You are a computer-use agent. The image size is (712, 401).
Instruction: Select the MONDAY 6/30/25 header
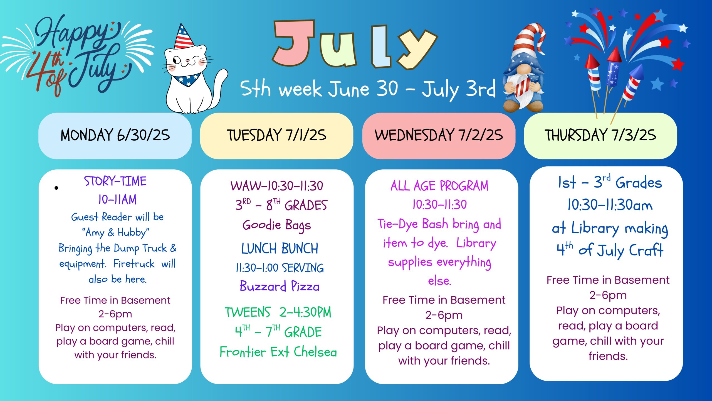(115, 136)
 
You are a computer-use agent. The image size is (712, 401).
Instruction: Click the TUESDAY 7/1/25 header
(277, 136)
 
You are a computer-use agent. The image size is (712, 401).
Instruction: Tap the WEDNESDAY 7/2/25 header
(439, 136)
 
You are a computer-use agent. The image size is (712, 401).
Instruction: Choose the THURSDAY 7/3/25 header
(600, 136)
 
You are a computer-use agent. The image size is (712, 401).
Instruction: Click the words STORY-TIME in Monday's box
(115, 181)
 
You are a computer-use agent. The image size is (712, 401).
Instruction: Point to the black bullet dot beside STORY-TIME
(56, 188)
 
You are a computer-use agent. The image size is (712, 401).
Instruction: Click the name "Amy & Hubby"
(116, 233)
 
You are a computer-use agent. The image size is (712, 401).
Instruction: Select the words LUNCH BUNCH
(280, 248)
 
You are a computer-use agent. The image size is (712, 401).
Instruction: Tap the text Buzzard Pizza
(280, 286)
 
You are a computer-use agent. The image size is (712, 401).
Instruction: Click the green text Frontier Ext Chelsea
(278, 352)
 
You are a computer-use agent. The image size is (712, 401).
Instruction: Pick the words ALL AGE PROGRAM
(439, 186)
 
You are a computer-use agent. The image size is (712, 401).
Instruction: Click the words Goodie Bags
(277, 225)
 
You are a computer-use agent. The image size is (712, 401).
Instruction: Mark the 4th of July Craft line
(610, 250)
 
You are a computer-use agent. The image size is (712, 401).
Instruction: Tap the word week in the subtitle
(300, 89)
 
